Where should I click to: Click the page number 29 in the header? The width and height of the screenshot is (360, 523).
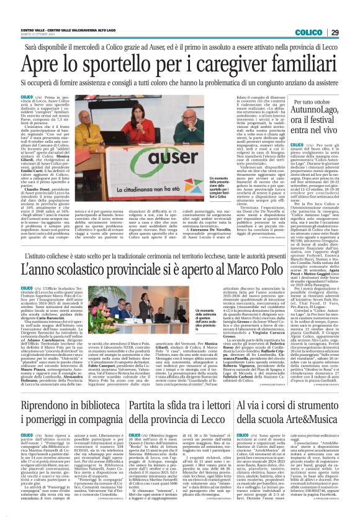(x=335, y=32)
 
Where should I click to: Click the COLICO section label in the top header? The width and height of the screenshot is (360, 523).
(x=308, y=32)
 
